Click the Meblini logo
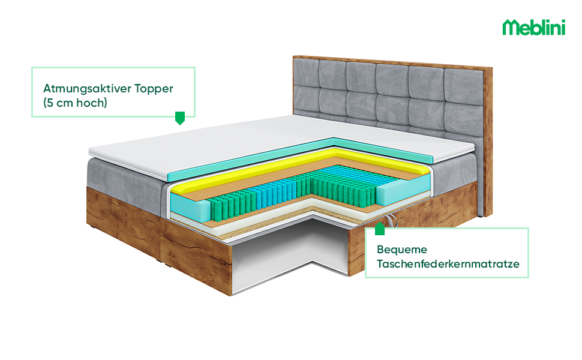pos(533,27)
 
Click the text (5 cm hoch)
pos(75,103)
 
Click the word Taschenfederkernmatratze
pos(448,263)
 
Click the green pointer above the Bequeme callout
pos(379,229)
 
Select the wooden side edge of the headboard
pos(488,138)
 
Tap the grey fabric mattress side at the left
pos(123,180)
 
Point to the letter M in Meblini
pos(511,28)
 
